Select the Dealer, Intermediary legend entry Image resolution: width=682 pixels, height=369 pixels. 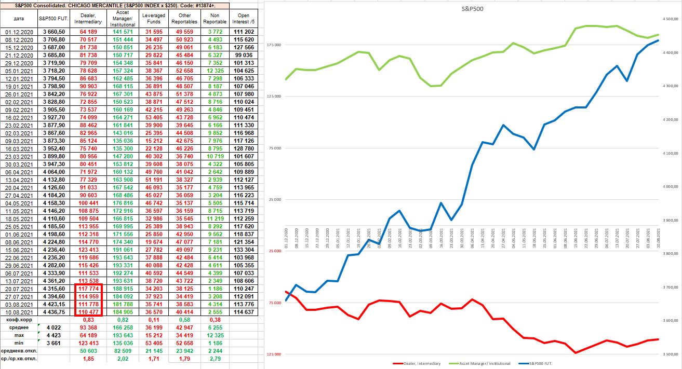(x=420, y=363)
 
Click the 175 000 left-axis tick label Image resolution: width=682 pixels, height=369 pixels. (x=274, y=46)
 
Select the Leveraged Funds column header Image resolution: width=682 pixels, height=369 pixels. (x=154, y=19)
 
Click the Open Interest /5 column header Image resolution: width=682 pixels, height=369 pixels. (x=244, y=19)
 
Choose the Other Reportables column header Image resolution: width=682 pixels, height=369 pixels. (x=185, y=19)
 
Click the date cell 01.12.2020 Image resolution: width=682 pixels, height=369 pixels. (x=19, y=32)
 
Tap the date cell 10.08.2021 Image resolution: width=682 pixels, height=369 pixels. (x=19, y=312)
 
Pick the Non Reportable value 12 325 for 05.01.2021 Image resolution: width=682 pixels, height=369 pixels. (x=215, y=71)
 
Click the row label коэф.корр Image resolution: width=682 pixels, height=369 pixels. (x=19, y=320)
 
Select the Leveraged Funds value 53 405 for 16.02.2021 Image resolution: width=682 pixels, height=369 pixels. (x=154, y=118)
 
